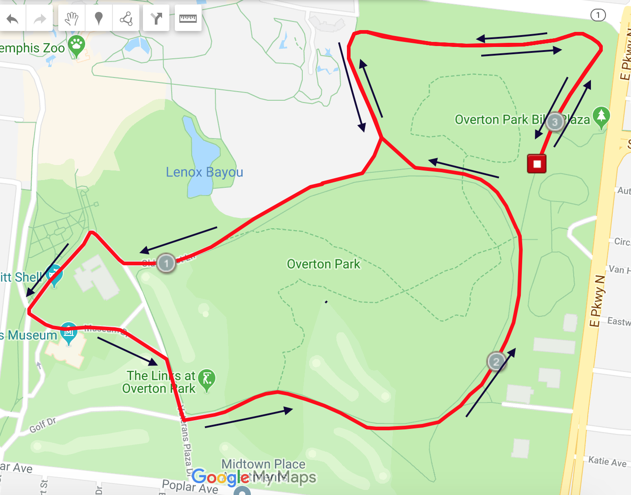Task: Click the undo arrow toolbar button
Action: (13, 19)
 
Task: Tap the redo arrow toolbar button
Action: (40, 19)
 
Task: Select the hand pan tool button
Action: (71, 19)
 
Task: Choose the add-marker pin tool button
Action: (98, 19)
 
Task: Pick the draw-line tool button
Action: (126, 19)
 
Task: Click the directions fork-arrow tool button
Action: (156, 19)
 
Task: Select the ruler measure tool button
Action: (188, 19)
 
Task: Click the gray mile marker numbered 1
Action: (166, 263)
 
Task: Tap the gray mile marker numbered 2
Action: (496, 362)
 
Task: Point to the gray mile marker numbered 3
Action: (555, 122)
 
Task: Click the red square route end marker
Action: (537, 164)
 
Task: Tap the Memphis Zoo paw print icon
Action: (76, 45)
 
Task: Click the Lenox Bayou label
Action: (204, 172)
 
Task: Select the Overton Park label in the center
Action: (323, 264)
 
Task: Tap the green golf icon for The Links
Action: (207, 379)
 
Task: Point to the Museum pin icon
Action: (69, 332)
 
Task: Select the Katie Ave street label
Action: (607, 461)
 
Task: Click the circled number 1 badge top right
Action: (598, 15)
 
